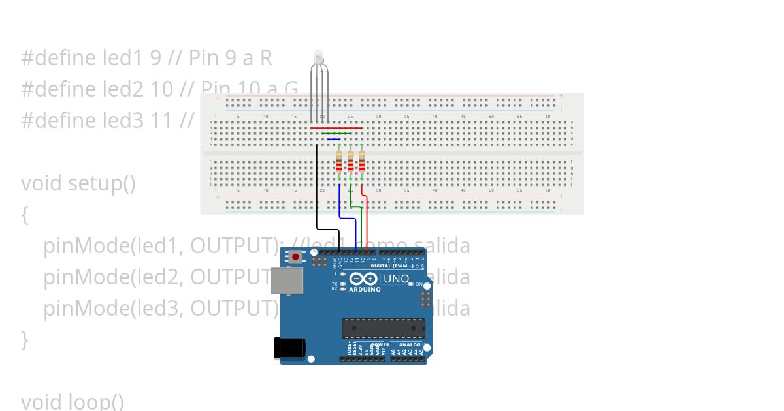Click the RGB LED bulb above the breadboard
[318, 57]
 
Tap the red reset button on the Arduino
[296, 256]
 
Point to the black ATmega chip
[384, 328]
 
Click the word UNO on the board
[396, 279]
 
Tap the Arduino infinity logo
[364, 279]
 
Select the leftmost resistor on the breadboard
[339, 160]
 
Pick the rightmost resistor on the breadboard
[361, 160]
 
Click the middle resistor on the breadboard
[350, 160]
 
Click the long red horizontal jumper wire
[336, 128]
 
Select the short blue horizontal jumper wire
[333, 139]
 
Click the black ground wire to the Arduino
[318, 196]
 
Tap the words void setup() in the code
[78, 183]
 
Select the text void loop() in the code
[73, 401]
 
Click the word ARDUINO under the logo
[365, 289]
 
